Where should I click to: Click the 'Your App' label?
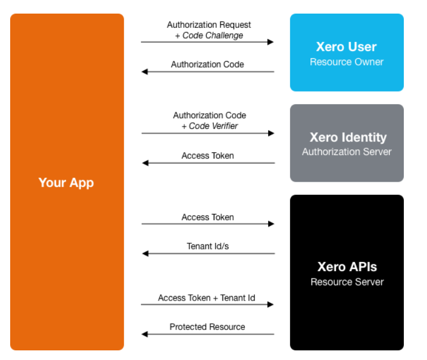66,183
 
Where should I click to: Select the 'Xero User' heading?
346,46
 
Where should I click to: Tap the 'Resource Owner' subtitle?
347,62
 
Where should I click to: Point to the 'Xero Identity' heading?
348,138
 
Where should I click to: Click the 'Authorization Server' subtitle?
347,152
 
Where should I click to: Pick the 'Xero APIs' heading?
347,267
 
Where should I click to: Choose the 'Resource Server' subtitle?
347,282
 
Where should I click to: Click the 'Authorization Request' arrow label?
209,25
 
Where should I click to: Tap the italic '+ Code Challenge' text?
209,36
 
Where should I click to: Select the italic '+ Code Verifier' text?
210,126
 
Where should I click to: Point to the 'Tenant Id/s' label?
208,246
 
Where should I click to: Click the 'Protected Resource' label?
207,327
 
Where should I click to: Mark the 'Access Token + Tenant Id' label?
206,298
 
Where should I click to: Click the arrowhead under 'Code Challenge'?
270,42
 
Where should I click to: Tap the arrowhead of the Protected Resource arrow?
145,334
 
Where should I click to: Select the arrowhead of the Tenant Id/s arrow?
145,254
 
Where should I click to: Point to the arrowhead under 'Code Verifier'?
271,133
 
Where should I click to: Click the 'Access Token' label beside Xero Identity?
208,156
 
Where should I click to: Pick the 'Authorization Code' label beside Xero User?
208,65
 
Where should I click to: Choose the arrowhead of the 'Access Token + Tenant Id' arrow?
270,305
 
